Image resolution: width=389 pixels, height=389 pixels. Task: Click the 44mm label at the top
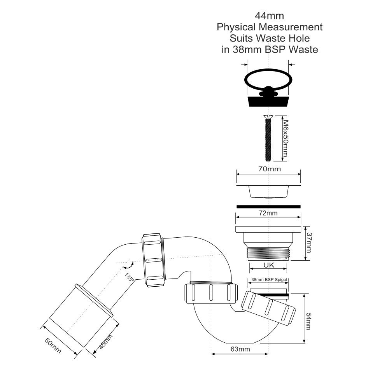coord(269,16)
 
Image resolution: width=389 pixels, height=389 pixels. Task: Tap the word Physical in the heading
coord(236,27)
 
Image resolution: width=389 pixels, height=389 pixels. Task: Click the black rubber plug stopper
coord(268,101)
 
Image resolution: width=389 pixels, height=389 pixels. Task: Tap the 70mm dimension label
coord(270,169)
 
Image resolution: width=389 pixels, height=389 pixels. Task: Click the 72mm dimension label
coord(268,213)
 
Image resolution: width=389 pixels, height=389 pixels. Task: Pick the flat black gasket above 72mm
coord(268,207)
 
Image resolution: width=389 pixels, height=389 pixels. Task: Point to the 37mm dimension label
coord(309,242)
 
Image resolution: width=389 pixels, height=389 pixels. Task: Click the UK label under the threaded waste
coord(269,265)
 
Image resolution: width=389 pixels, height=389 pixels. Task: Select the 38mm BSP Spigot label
coord(270,280)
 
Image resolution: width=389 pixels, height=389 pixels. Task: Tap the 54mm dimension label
coord(308,322)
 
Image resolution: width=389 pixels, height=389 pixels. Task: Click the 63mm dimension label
coord(240,349)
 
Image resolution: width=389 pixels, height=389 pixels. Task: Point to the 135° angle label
coord(130,277)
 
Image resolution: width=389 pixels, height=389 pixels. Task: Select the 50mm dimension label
coord(53,345)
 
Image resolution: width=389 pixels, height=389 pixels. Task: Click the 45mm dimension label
coord(106,342)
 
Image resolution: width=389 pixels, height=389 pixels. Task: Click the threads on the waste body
coord(268,254)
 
